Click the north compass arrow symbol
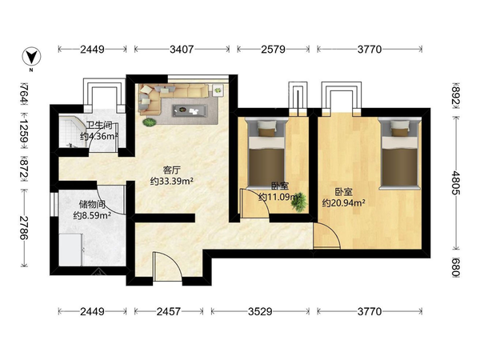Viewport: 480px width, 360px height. [31, 57]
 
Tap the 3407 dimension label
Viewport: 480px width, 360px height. [182, 49]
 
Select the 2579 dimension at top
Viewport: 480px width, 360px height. [273, 49]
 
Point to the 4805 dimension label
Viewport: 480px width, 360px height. [456, 182]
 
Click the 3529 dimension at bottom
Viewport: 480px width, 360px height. [260, 312]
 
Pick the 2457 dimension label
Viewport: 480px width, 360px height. [169, 312]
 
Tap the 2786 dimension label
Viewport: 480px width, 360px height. [24, 228]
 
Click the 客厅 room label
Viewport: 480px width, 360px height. [171, 170]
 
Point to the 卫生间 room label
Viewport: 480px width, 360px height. [99, 126]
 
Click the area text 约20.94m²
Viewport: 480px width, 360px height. [343, 202]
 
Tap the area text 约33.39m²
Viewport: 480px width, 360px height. [171, 182]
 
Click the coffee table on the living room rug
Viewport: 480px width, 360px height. [190, 110]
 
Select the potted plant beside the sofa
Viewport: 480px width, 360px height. [150, 122]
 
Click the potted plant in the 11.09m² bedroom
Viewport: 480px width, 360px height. [299, 202]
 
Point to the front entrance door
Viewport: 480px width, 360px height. [168, 266]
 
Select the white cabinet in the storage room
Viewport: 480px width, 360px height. [70, 250]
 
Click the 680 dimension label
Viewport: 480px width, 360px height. [456, 267]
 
